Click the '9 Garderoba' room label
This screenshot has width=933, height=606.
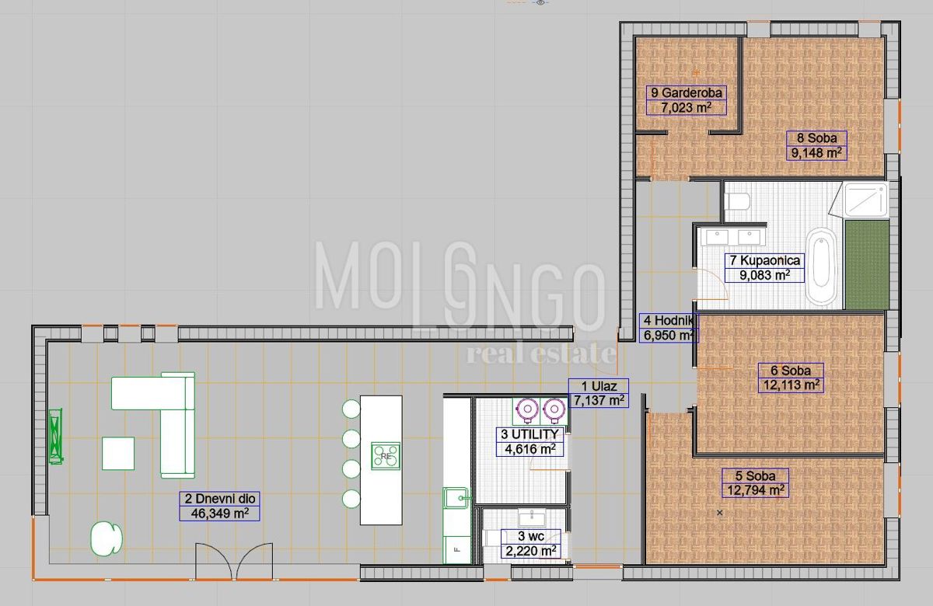[x=687, y=92]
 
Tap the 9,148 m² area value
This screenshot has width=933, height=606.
[x=816, y=153]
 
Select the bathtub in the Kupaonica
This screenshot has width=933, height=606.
[x=822, y=266]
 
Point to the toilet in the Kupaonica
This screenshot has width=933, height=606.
[x=736, y=202]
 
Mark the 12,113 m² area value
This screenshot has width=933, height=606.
[x=791, y=385]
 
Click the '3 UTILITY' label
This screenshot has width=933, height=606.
[x=529, y=434]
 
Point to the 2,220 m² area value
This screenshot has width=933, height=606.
[x=531, y=551]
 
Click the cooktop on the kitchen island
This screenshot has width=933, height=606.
[x=386, y=455]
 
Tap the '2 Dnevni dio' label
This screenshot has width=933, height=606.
[x=219, y=499]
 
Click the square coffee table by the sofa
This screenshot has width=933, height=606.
[x=118, y=453]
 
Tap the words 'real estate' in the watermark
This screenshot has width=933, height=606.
[x=540, y=353]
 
